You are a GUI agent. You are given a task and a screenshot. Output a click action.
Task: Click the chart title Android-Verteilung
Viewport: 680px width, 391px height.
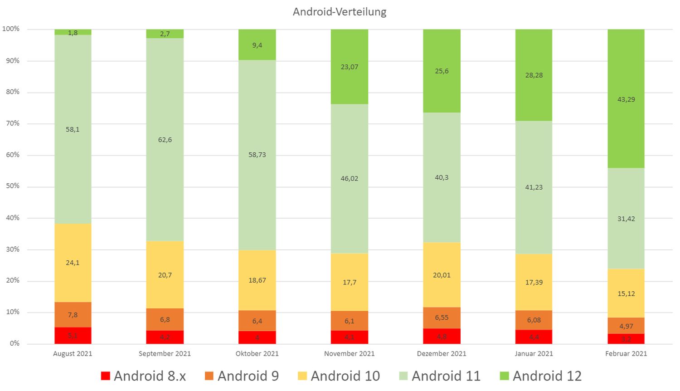(x=340, y=12)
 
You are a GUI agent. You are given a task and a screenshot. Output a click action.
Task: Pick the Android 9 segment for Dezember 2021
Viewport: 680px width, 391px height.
(x=442, y=318)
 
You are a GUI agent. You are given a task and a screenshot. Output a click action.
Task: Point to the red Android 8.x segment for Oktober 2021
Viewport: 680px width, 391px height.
(x=257, y=337)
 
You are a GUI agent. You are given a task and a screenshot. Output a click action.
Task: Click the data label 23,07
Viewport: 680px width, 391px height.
(x=350, y=67)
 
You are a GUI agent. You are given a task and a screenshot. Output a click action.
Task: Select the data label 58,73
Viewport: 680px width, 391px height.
(x=257, y=155)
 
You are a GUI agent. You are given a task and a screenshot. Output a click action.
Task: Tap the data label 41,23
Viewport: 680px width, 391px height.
(x=534, y=187)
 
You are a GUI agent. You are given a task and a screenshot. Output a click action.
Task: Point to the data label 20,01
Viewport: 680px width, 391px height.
(x=442, y=275)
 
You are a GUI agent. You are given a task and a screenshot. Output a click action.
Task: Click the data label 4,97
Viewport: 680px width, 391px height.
(x=626, y=326)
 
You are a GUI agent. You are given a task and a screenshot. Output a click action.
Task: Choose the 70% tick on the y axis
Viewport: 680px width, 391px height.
(x=13, y=123)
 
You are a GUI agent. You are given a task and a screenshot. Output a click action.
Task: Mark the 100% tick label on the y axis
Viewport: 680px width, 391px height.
(x=11, y=29)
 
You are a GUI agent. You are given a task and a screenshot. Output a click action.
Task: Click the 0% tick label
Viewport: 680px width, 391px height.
(x=15, y=343)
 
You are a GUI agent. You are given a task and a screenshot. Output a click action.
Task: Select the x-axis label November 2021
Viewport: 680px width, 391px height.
(x=350, y=354)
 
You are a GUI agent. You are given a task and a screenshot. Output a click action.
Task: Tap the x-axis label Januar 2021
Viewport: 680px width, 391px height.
(x=534, y=354)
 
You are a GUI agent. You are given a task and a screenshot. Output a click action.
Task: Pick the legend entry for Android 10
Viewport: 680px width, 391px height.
(x=339, y=376)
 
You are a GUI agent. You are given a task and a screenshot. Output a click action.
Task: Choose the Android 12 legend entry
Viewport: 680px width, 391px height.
(x=541, y=376)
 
